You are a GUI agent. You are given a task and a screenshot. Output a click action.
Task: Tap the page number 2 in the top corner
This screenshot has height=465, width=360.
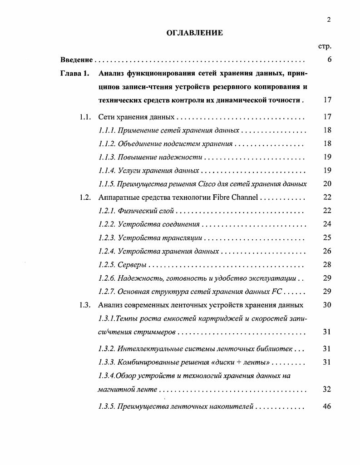click(x=328, y=19)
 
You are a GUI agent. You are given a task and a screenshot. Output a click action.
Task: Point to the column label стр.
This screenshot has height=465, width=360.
click(x=325, y=46)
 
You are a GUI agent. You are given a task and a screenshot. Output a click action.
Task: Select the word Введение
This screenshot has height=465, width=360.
click(x=77, y=60)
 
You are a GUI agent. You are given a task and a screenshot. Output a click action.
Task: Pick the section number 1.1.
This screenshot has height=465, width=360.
click(x=85, y=117)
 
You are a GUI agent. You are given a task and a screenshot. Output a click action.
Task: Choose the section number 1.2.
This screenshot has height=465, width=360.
click(x=85, y=197)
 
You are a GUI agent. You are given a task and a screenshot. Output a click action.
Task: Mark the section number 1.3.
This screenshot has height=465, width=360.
click(x=85, y=305)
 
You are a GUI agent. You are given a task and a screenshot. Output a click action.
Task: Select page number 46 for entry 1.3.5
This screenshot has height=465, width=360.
click(x=327, y=406)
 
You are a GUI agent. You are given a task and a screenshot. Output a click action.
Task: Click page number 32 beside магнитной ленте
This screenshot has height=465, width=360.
click(x=327, y=389)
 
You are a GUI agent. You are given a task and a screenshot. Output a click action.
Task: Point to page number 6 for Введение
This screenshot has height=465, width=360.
click(x=329, y=60)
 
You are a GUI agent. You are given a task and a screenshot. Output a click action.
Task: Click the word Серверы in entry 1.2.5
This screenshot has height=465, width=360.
click(x=132, y=265)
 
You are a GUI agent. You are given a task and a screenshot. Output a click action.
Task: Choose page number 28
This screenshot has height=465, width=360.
click(x=327, y=265)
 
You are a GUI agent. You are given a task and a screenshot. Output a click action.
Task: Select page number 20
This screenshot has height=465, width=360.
click(x=327, y=184)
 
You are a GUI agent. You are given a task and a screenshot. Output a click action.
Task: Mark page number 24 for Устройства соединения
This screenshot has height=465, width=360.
click(x=327, y=224)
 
